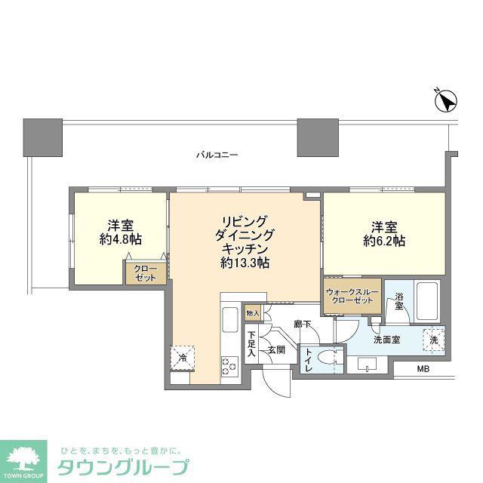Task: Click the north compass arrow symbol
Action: (x=446, y=101)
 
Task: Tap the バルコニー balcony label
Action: (x=217, y=155)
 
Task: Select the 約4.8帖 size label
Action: (x=121, y=239)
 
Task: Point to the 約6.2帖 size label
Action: (x=384, y=241)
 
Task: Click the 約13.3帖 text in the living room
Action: (x=245, y=263)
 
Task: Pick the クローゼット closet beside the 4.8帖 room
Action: (x=146, y=273)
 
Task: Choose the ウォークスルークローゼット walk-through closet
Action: (x=352, y=297)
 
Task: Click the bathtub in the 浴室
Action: (x=427, y=302)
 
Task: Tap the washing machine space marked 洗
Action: (x=434, y=340)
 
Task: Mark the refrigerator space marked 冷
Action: (x=183, y=357)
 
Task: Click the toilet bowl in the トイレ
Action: (x=328, y=357)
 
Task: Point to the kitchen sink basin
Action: (x=229, y=320)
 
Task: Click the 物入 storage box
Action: (x=253, y=313)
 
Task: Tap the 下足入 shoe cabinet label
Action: (x=252, y=344)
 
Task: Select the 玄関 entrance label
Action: (x=276, y=349)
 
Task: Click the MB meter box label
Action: (x=423, y=368)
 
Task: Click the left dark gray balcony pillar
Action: (x=43, y=137)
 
